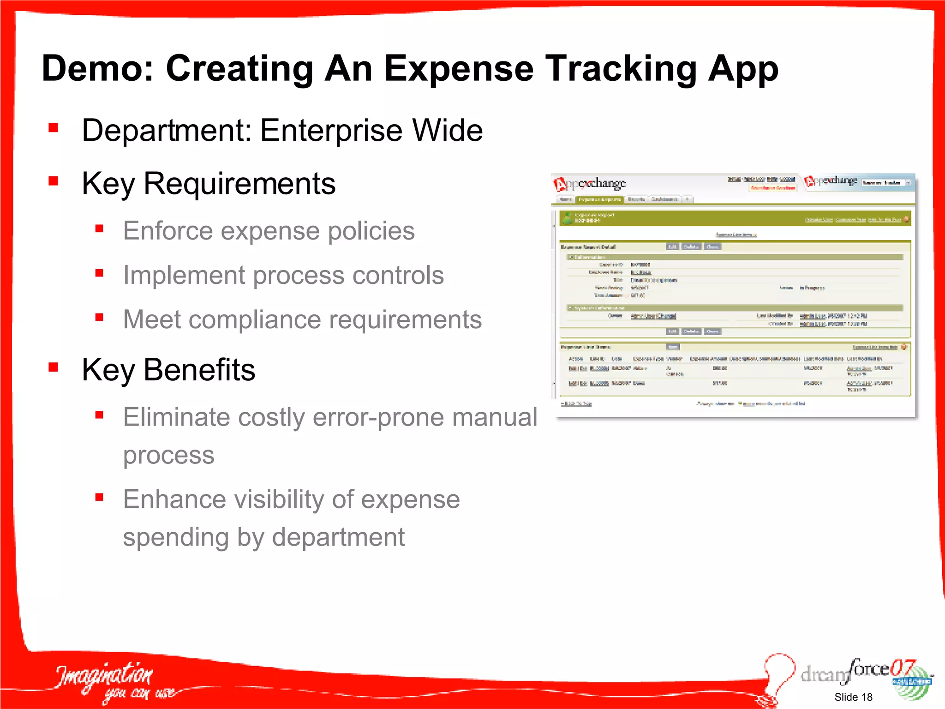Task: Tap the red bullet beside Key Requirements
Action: [x=54, y=180]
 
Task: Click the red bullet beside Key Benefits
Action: [x=54, y=367]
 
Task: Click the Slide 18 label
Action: [x=853, y=697]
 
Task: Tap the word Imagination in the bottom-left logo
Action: [x=104, y=675]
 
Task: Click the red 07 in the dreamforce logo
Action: [x=902, y=667]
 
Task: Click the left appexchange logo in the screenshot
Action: [x=590, y=184]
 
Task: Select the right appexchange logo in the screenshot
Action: [x=831, y=181]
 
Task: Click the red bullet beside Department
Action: [x=54, y=127]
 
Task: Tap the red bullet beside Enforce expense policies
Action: [x=99, y=228]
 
